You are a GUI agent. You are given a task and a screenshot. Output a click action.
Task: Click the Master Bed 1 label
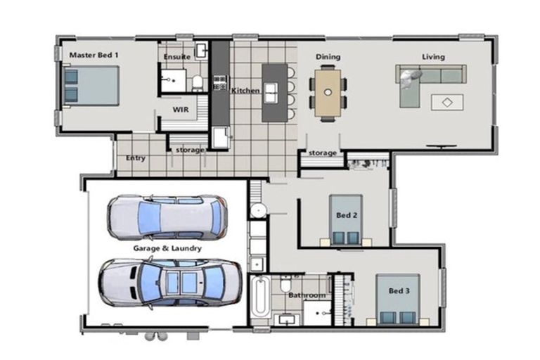point(94,54)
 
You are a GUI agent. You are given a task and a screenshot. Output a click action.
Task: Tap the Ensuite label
point(176,56)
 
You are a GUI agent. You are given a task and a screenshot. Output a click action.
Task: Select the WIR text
point(181,109)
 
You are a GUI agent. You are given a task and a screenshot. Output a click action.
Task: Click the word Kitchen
point(246,91)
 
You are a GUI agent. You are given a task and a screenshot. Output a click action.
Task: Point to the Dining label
point(328,56)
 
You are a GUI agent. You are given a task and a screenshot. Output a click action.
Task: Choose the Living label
point(433,56)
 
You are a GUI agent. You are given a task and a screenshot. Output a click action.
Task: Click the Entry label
point(136,158)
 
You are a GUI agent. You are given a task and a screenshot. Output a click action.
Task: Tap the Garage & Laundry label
point(168,249)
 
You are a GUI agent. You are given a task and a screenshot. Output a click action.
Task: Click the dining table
point(328,91)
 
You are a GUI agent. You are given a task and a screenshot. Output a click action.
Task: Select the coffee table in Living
point(447,103)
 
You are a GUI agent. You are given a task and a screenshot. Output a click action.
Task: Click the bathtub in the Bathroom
point(259,299)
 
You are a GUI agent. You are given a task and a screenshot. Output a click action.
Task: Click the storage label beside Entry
point(190,150)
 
